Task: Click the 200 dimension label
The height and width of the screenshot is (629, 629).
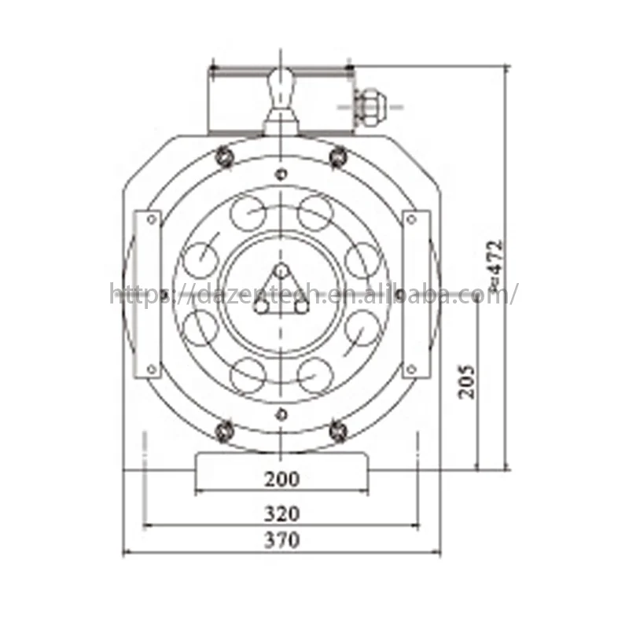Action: [x=282, y=478]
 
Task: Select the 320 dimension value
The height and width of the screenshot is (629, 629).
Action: [x=282, y=513]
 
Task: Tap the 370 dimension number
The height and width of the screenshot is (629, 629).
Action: [x=282, y=541]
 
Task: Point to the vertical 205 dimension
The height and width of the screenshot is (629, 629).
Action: [x=467, y=381]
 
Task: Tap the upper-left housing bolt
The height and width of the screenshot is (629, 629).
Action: [x=224, y=156]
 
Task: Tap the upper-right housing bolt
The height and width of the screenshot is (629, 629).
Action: [x=338, y=156]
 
